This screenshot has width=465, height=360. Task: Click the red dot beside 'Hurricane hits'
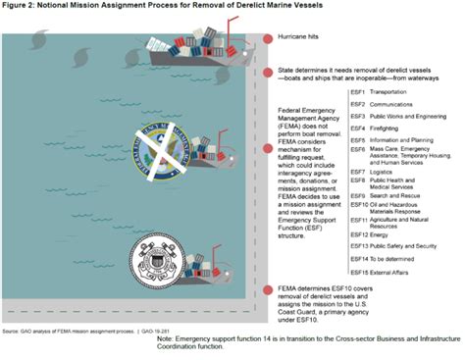tap(268, 40)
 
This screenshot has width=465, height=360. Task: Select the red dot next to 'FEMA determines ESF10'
tap(268, 290)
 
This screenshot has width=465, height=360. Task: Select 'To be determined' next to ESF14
tap(395, 257)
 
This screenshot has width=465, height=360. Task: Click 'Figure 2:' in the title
tap(23, 7)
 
